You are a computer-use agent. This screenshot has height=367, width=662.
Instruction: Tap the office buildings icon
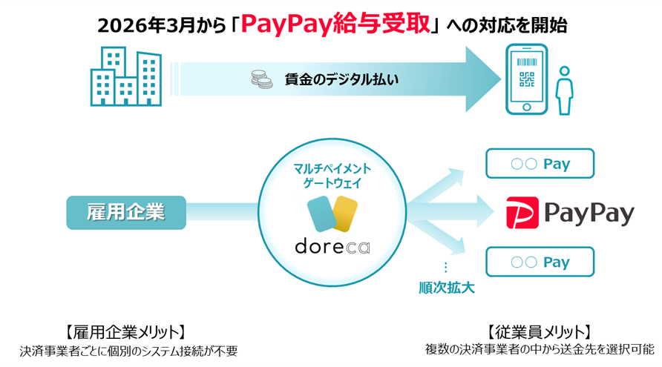pyautogui.click(x=126, y=77)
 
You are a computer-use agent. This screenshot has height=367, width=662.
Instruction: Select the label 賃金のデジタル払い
pyautogui.click(x=341, y=79)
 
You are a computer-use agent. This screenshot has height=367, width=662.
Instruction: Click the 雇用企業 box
pyautogui.click(x=125, y=212)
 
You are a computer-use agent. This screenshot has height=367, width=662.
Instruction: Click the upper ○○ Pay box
pyautogui.click(x=540, y=164)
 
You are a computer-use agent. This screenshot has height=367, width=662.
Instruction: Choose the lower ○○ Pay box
pyautogui.click(x=540, y=262)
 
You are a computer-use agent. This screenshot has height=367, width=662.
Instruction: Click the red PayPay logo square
pyautogui.click(x=522, y=213)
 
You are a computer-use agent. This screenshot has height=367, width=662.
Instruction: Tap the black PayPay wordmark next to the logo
pyautogui.click(x=589, y=214)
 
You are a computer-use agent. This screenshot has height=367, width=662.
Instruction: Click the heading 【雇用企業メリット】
pyautogui.click(x=125, y=331)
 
